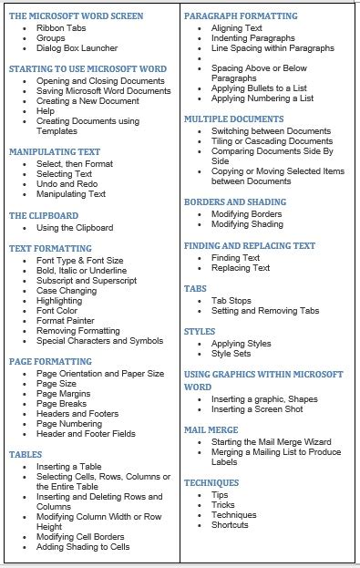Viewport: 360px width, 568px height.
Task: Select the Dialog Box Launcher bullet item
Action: click(x=76, y=49)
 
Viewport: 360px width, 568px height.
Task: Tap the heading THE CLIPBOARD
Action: click(x=44, y=216)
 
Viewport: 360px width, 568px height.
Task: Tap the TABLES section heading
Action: click(x=26, y=453)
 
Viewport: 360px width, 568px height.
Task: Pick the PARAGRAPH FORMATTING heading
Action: click(x=241, y=16)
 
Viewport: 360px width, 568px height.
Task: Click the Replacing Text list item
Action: click(x=241, y=268)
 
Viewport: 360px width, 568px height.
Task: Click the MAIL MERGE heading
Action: click(x=211, y=429)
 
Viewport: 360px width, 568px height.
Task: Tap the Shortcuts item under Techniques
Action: click(x=230, y=525)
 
